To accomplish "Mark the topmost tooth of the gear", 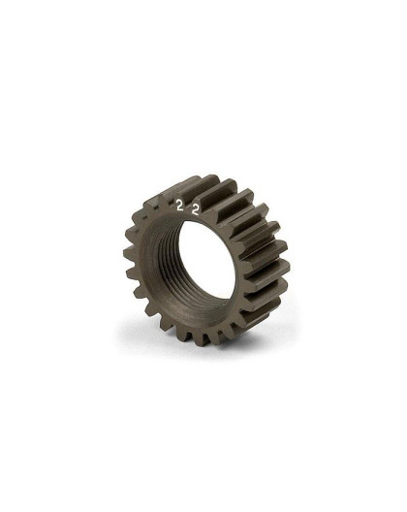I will (x=208, y=179).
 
